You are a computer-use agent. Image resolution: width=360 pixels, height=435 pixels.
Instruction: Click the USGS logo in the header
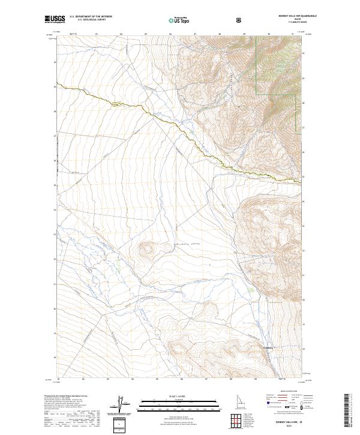pos(55,20)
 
